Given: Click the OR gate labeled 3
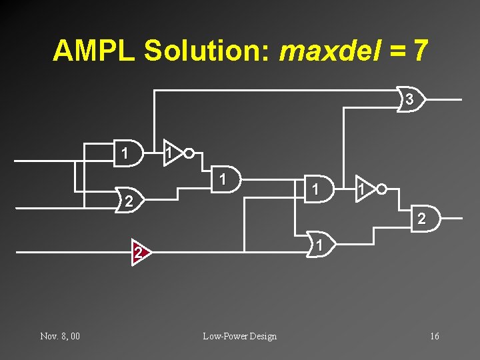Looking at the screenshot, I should click(x=411, y=99).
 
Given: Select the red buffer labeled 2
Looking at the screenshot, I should click(x=139, y=252).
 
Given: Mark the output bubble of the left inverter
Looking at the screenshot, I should click(x=189, y=153).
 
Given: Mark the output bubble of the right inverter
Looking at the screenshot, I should click(x=381, y=189).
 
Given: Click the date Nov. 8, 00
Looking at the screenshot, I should click(x=60, y=336).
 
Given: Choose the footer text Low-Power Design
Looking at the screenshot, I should click(x=239, y=336).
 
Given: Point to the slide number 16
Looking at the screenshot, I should click(x=434, y=336).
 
